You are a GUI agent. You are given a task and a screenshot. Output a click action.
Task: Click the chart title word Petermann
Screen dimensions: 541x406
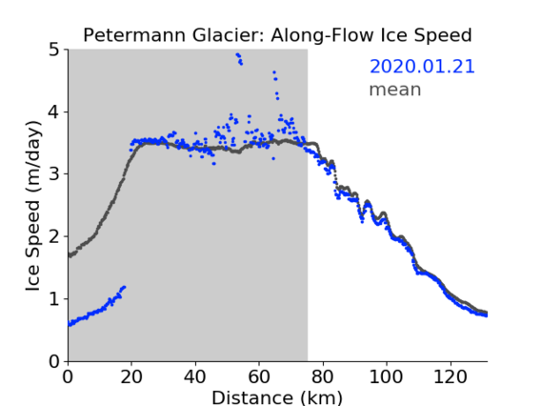coord(135,35)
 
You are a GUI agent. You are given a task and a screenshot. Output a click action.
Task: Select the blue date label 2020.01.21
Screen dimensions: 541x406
coord(422,67)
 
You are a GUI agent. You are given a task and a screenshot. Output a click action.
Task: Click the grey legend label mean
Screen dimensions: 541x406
coord(395,90)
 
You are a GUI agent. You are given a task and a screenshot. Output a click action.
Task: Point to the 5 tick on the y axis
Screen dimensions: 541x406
coord(54,51)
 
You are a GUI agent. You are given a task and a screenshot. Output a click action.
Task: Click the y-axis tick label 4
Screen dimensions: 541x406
coord(54,112)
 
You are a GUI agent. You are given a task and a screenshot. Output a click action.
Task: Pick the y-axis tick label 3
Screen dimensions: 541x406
coord(54,174)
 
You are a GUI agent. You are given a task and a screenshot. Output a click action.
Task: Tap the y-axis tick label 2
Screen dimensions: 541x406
coord(54,236)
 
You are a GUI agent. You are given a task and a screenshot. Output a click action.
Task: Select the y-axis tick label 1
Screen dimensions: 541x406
coord(54,299)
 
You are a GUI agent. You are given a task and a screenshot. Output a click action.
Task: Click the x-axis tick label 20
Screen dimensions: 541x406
coord(131,376)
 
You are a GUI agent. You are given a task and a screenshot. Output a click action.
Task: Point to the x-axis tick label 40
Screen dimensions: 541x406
coord(195,376)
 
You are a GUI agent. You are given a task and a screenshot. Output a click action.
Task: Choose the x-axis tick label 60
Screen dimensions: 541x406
coord(259,376)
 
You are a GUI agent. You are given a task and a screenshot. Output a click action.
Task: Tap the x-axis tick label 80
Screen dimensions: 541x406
coord(323,376)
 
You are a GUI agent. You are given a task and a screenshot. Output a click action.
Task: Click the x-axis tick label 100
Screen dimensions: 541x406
coord(386,376)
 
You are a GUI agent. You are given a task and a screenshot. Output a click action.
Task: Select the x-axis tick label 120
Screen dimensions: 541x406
coord(450,376)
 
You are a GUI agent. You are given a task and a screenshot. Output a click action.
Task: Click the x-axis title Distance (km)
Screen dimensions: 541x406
coord(277,397)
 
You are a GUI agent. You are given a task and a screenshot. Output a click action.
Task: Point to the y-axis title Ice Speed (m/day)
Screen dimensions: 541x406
coord(33,206)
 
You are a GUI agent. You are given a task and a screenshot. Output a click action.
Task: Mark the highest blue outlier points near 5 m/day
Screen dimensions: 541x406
coord(239,59)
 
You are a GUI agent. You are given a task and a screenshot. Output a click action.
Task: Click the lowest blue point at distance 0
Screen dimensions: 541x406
coord(70,325)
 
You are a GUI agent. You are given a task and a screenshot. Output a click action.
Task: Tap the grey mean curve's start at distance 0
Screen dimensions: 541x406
coord(70,255)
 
